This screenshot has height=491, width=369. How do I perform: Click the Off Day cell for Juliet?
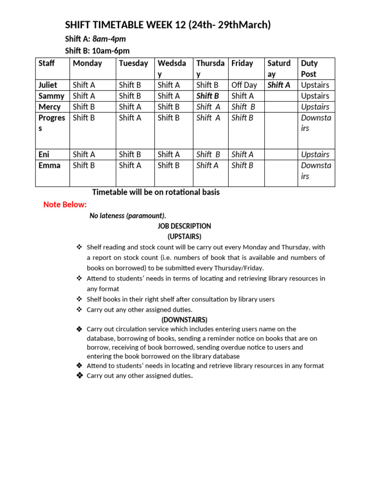(244, 85)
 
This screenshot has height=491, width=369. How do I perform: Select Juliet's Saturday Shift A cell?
(279, 85)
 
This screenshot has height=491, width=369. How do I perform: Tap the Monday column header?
(87, 63)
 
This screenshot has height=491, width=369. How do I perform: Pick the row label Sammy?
(51, 96)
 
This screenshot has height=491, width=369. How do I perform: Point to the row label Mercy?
(49, 107)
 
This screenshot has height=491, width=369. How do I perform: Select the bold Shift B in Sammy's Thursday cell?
(208, 96)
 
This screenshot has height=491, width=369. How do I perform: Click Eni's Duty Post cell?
(315, 154)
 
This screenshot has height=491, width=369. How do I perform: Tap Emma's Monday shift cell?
(84, 165)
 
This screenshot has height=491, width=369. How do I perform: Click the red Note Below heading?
(65, 205)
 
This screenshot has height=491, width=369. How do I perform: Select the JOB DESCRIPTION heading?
(184, 226)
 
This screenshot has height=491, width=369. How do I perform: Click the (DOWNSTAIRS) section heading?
(184, 319)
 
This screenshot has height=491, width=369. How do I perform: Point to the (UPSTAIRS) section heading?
(184, 236)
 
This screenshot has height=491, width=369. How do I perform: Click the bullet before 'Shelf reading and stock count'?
(79, 247)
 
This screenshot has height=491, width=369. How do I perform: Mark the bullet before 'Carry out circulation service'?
(79, 329)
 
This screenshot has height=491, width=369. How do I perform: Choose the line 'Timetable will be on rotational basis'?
(156, 192)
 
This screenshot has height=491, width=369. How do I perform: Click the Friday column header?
(242, 63)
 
